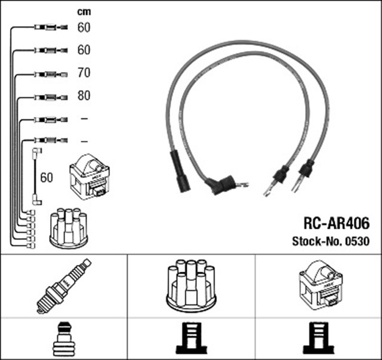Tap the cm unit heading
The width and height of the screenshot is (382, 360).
coord(84,12)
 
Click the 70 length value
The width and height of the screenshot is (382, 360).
coord(84,73)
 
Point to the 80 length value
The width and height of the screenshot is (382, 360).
coord(84,96)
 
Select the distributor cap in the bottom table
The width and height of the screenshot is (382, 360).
coord(191,285)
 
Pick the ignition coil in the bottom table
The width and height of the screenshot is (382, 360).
coord(319,285)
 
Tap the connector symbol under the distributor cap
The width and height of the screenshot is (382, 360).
coord(191,339)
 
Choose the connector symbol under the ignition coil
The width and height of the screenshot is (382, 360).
coord(319,339)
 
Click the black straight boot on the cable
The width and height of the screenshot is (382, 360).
coord(180,171)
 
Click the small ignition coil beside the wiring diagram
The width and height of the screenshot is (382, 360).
coord(90,177)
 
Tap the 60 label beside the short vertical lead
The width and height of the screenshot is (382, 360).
coord(47,177)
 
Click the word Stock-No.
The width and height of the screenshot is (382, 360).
coord(313,242)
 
